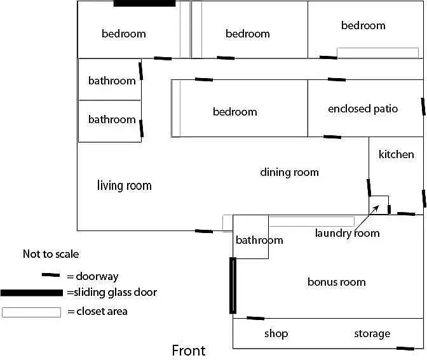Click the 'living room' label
pyautogui.click(x=124, y=185)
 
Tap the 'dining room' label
pyautogui.click(x=289, y=172)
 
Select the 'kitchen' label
pyautogui.click(x=396, y=154)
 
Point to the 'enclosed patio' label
pyautogui.click(x=363, y=109)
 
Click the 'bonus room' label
pyautogui.click(x=336, y=282)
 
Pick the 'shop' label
pyautogui.click(x=276, y=333)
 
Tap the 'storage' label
pyautogui.click(x=372, y=333)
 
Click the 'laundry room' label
pyautogui.click(x=347, y=233)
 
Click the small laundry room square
pyautogui.click(x=379, y=204)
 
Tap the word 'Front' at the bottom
pyautogui.click(x=189, y=350)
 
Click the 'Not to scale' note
pyautogui.click(x=51, y=254)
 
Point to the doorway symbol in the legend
pyautogui.click(x=50, y=276)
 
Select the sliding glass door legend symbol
pyautogui.click(x=32, y=293)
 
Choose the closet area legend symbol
pyautogui.click(x=32, y=312)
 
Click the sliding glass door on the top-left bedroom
pyautogui.click(x=144, y=3)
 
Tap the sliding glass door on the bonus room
pyautogui.click(x=233, y=285)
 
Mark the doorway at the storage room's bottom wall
pyautogui.click(x=405, y=348)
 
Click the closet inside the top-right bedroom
pyautogui.click(x=377, y=53)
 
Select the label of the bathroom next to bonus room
pyautogui.click(x=259, y=240)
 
